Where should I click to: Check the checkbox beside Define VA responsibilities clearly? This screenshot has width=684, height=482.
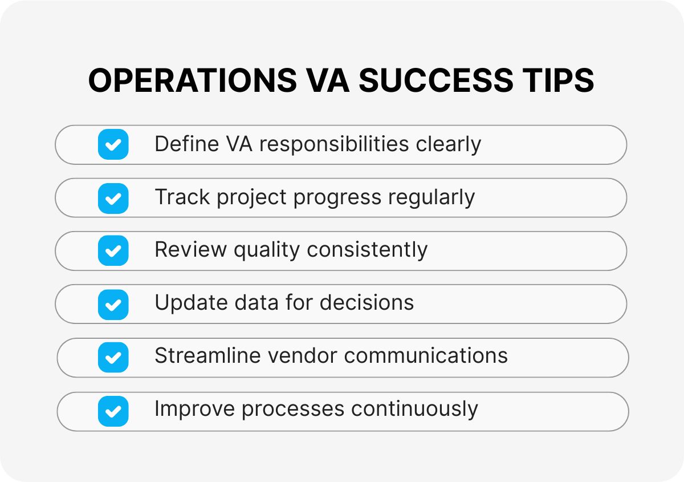[x=113, y=144]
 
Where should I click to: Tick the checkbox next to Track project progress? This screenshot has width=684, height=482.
[x=113, y=198]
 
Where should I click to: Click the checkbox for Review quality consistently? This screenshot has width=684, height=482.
[x=113, y=251]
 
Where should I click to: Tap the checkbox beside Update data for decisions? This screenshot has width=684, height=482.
[x=113, y=305]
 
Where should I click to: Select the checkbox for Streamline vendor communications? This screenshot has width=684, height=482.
[x=113, y=358]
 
